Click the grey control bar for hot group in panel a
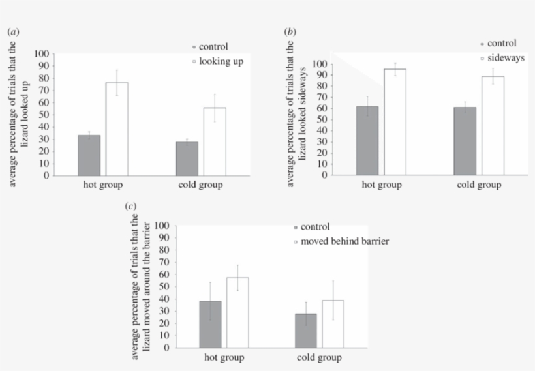click(x=89, y=155)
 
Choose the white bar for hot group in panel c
click(x=237, y=312)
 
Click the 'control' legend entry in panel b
click(x=501, y=44)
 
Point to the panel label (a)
click(x=12, y=31)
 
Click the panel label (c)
click(x=130, y=206)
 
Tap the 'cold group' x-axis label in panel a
click(x=200, y=186)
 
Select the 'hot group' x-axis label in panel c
click(x=224, y=358)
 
